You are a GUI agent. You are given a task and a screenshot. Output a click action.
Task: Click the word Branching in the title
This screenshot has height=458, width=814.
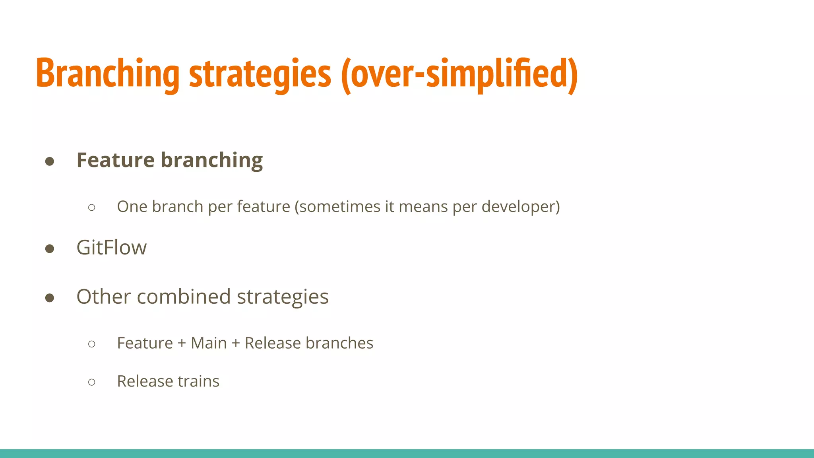coord(107,74)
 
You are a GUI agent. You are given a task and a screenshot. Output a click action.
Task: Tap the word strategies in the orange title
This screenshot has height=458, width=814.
coord(260,74)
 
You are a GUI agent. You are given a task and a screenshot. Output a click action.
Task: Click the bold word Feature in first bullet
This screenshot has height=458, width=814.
coord(115,160)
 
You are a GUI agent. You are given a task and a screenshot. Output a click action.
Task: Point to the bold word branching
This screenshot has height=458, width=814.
coord(211,161)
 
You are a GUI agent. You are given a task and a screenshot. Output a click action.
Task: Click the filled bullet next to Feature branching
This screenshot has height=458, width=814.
coord(50,161)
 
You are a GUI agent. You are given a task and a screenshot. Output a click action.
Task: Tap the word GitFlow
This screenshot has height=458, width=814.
coord(111,248)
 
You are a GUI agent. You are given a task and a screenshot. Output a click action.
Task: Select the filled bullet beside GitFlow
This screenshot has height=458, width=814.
coord(50,249)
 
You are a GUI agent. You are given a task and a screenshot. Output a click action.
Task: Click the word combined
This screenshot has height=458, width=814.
coord(184,297)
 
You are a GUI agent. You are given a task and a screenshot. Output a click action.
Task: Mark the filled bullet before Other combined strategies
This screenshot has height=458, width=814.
coord(50,298)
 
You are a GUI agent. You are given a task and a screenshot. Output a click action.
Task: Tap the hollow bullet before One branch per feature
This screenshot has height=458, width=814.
coord(92,208)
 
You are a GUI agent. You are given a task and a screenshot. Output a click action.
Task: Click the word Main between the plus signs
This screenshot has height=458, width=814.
coord(209,343)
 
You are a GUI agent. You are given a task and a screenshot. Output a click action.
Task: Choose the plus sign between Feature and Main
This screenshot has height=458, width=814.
coord(182,343)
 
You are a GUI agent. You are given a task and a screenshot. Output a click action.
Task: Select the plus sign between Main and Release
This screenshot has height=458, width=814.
coord(236,343)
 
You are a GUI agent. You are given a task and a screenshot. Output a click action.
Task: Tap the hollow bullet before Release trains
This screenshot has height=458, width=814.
coord(92,382)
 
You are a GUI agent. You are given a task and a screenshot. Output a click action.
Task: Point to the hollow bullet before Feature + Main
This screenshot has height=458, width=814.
coord(92,344)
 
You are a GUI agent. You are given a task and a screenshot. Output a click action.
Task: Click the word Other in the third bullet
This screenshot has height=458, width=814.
coord(103,297)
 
